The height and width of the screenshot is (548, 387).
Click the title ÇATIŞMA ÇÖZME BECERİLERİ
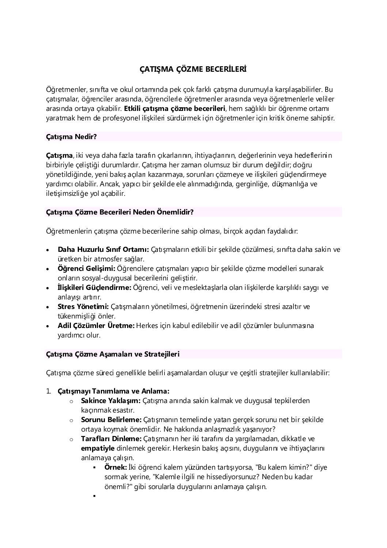pos(193,69)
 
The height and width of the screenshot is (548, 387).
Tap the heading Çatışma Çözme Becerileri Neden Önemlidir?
pos(119,212)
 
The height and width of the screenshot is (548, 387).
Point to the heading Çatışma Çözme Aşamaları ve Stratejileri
pos(113,354)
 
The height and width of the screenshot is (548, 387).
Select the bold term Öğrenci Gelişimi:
pos(87,269)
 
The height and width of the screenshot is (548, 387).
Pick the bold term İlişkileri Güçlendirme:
pos(94,288)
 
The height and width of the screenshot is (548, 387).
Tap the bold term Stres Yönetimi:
pos(83,306)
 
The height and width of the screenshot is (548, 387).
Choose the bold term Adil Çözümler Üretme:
pos(96,325)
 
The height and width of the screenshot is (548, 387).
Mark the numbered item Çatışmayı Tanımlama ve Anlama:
pos(113,391)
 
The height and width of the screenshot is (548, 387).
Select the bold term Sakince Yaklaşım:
pos(111,400)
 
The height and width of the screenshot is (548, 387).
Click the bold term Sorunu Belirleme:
pos(111,420)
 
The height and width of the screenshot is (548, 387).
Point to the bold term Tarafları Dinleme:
pos(111,439)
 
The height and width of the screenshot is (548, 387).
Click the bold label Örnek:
pos(115,467)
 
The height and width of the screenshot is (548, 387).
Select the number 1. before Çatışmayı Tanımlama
pos(49,391)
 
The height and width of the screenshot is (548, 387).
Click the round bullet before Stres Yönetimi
pos(49,307)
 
